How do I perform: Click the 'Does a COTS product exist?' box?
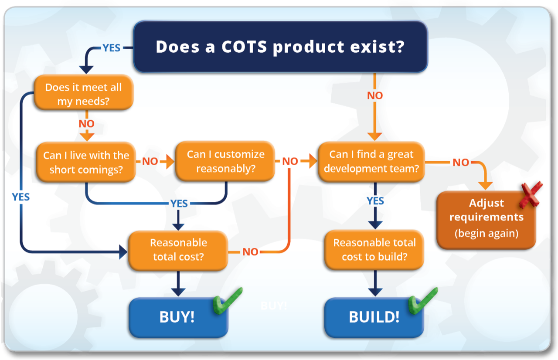(x=280, y=47)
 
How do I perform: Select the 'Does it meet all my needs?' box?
(x=83, y=94)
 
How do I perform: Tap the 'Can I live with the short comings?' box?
(x=86, y=162)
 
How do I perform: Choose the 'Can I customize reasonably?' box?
(x=225, y=161)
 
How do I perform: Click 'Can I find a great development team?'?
(x=371, y=161)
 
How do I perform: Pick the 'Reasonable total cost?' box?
(x=178, y=250)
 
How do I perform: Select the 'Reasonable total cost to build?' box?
(x=374, y=250)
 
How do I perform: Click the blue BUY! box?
(x=177, y=317)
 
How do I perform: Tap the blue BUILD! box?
(x=374, y=317)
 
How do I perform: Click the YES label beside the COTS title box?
(x=111, y=48)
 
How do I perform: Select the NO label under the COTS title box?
(x=375, y=95)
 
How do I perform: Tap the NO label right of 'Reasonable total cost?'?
(x=250, y=251)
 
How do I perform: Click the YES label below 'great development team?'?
(x=375, y=201)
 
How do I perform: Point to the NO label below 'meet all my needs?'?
(x=86, y=124)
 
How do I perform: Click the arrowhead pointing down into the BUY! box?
(x=177, y=292)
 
